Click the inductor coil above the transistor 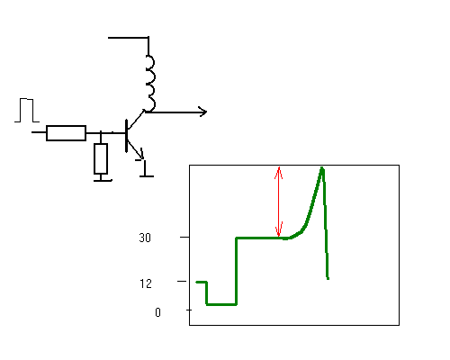click(151, 84)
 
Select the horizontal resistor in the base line click(67, 133)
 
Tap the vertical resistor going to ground click(101, 158)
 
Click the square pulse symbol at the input click(27, 110)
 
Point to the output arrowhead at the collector click(203, 112)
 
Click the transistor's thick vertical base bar click(127, 136)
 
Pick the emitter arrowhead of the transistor click(140, 155)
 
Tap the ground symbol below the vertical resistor click(103, 180)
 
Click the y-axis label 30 click(145, 238)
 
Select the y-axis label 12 click(146, 283)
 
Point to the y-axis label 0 click(157, 312)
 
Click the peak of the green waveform click(322, 168)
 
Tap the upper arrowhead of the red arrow click(279, 173)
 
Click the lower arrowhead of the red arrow click(279, 229)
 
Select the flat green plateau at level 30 click(260, 238)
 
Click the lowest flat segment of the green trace click(221, 304)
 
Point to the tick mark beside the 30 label click(184, 237)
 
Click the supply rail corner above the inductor click(148, 38)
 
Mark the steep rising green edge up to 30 click(237, 271)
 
